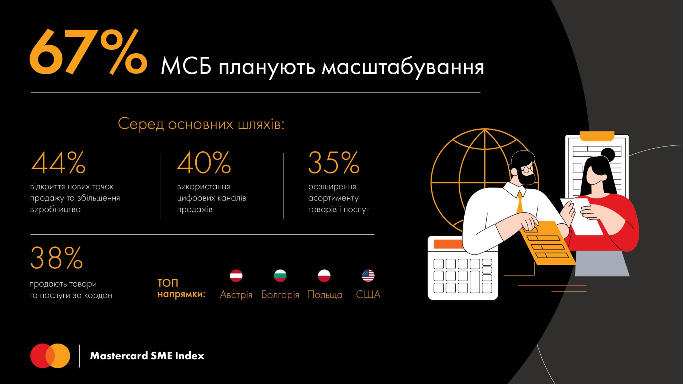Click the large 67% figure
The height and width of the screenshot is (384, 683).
click(88, 52)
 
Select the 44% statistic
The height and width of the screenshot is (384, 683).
click(58, 162)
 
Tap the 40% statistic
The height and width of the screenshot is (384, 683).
click(204, 162)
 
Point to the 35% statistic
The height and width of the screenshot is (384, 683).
click(334, 162)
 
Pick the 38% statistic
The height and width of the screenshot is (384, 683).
click(57, 258)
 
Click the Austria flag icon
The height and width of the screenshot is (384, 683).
click(236, 276)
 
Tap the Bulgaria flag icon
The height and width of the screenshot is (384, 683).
click(280, 276)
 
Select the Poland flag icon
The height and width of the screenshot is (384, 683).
click(324, 276)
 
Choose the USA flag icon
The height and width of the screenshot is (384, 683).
click(368, 276)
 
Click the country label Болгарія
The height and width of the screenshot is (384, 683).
click(280, 295)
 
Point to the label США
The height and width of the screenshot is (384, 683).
click(368, 294)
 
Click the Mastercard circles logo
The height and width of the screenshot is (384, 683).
click(50, 356)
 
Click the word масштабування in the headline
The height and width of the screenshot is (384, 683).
click(403, 68)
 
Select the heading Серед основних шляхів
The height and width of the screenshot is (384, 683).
click(201, 124)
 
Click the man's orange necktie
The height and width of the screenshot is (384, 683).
click(520, 203)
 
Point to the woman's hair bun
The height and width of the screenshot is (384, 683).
click(608, 155)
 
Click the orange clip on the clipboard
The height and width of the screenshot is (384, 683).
click(597, 136)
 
